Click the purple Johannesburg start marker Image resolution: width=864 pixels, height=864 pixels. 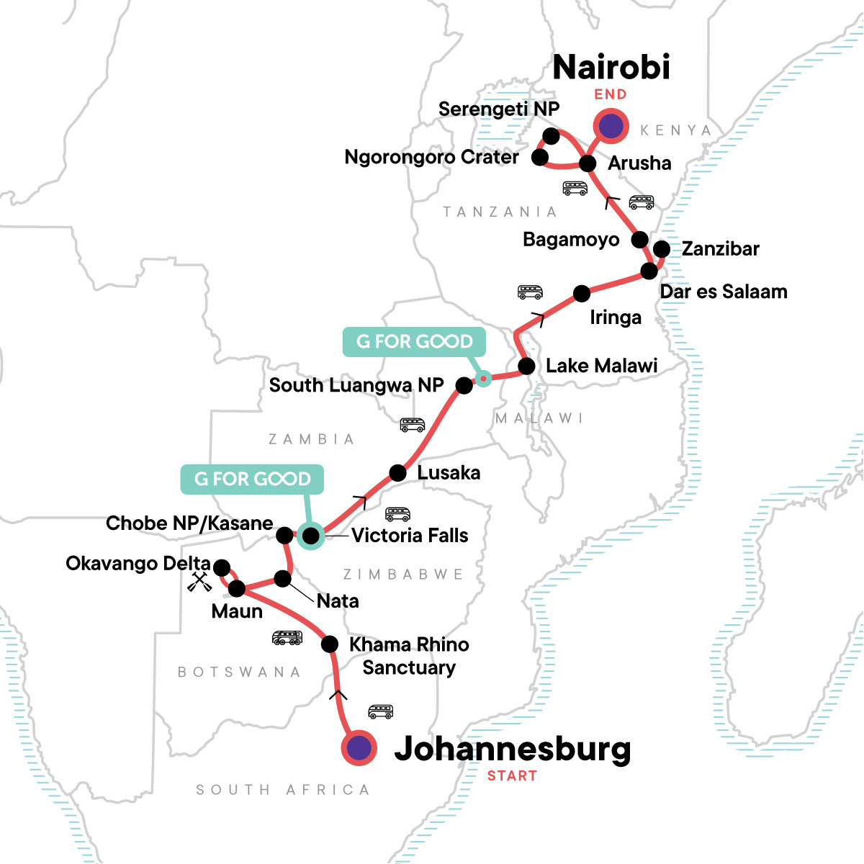point(359,748)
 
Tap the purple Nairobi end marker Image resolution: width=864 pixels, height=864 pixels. point(611,127)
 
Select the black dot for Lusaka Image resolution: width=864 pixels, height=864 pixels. point(397,473)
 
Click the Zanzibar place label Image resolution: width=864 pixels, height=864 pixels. point(720,249)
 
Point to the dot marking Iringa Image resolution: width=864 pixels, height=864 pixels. point(582,293)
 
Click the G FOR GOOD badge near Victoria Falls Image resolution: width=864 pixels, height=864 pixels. point(252,480)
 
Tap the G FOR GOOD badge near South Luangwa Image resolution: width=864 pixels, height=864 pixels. point(414,341)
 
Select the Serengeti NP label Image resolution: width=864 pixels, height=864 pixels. point(498,109)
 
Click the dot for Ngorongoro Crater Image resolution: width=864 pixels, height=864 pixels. point(540,157)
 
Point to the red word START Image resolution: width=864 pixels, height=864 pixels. point(512,776)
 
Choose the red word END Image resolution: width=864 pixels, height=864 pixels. point(610,94)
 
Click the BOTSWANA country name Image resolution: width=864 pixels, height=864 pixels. point(239,672)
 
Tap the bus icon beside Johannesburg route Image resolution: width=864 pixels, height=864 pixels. point(381,711)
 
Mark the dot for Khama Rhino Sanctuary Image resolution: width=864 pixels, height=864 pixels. point(329,644)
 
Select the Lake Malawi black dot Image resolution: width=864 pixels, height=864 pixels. point(527,366)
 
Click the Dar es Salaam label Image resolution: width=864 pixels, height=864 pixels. point(723,292)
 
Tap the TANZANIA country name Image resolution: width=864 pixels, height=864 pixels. point(500,212)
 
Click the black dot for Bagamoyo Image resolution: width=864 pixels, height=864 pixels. point(639,239)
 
